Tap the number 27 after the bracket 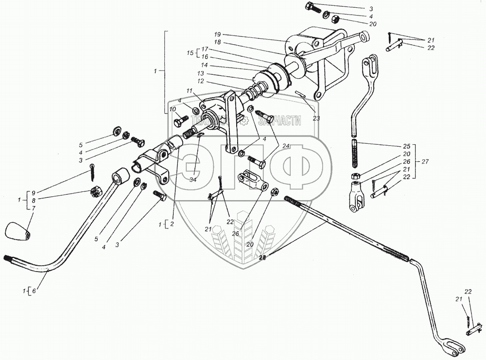point(426,161)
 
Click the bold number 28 point(263,257)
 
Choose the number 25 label point(407,146)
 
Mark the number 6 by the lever point(33,291)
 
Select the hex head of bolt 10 point(178,117)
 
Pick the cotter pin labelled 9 point(92,171)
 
